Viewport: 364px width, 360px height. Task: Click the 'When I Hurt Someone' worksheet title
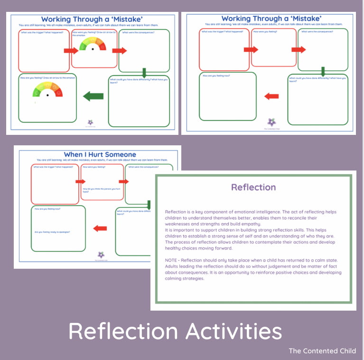click(x=100, y=154)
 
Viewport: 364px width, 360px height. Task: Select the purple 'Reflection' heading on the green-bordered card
click(x=253, y=187)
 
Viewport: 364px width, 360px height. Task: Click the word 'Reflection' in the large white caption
click(x=122, y=331)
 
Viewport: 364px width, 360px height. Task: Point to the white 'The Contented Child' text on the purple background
click(x=322, y=351)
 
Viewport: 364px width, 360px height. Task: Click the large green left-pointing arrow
click(x=93, y=96)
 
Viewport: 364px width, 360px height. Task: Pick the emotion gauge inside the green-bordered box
click(x=47, y=90)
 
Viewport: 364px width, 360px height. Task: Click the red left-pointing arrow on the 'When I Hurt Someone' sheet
click(x=100, y=228)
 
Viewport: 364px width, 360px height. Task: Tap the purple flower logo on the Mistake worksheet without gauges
click(x=271, y=122)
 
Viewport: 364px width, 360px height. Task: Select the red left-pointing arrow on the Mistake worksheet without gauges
click(x=271, y=96)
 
